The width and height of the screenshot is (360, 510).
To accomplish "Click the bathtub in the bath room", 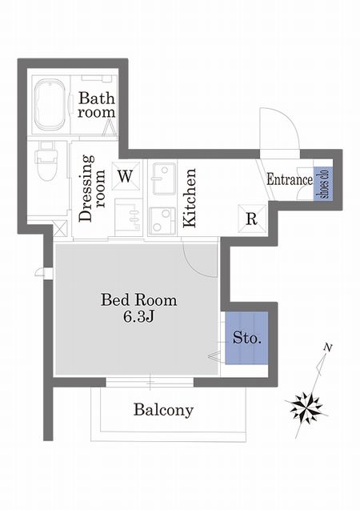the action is [x=50, y=105].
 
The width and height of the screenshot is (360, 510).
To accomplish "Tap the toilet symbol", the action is [x=46, y=161].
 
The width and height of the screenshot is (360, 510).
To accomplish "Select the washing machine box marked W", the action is [x=126, y=176].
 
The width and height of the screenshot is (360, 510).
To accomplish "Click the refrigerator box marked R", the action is [x=252, y=219].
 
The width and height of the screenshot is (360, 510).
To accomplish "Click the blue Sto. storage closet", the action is [x=247, y=338].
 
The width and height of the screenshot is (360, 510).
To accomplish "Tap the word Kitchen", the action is [x=189, y=198].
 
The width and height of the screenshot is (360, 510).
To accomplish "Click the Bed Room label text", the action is [x=139, y=300].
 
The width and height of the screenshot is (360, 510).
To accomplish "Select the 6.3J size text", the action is [x=138, y=317].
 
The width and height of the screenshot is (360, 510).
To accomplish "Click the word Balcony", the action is [x=163, y=410].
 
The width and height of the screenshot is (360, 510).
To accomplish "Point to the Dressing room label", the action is [x=92, y=188].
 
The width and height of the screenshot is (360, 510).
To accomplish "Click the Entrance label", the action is [x=290, y=179].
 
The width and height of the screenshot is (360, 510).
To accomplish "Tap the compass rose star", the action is [x=306, y=408].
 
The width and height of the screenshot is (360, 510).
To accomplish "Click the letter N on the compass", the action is [x=328, y=348].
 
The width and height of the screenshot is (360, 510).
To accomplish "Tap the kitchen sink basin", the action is [x=165, y=179].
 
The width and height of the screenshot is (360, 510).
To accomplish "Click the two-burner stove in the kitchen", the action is [x=162, y=220].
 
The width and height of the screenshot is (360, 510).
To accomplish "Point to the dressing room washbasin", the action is [x=129, y=217].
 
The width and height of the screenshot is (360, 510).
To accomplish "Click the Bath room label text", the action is [x=97, y=105].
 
